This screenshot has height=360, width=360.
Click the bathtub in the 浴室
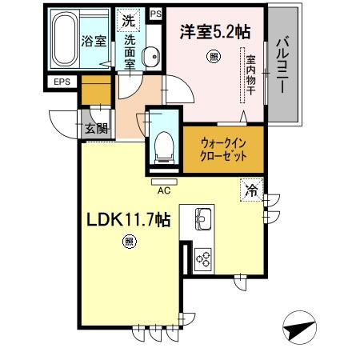coord(65,41)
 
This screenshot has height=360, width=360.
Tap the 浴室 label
coord(94,42)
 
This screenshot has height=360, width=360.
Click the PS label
coord(155,14)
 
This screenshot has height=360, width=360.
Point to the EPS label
coord(62,82)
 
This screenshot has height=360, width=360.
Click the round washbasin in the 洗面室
coord(149,55)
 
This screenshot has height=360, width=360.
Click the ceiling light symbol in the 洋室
coord(212,56)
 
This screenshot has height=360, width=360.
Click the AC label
coord(163,190)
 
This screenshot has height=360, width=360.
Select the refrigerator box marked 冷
coord(252,191)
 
